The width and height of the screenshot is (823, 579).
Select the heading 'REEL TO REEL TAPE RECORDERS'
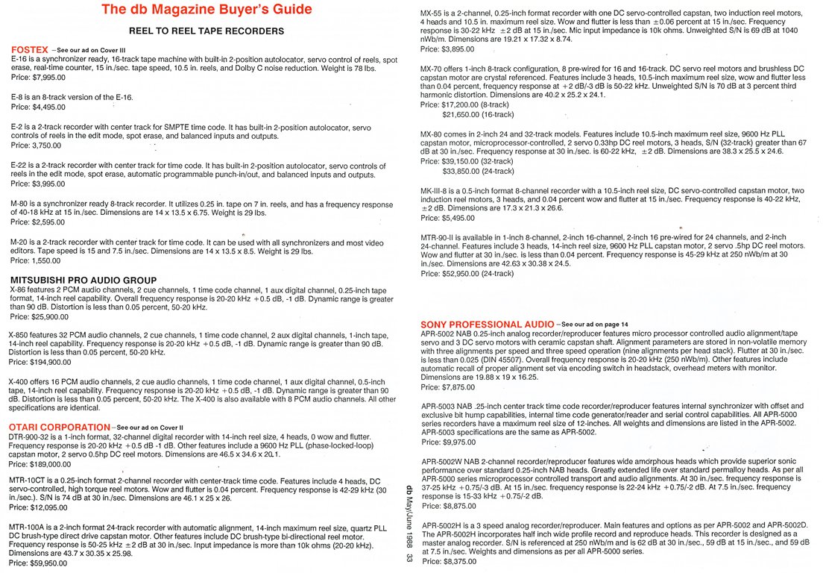206,31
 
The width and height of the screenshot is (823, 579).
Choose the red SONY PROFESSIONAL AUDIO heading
487,324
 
